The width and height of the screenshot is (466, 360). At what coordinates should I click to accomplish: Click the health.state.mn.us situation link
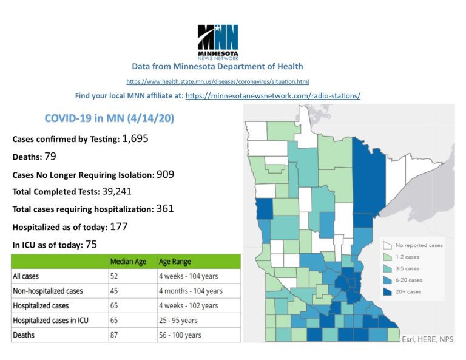pyautogui.click(x=218, y=81)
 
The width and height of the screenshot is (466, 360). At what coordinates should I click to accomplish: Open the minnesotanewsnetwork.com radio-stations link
pyautogui.click(x=272, y=96)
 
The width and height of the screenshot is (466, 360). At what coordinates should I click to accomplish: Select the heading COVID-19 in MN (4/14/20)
pyautogui.click(x=110, y=119)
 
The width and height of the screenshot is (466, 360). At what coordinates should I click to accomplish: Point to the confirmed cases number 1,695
pyautogui.click(x=135, y=139)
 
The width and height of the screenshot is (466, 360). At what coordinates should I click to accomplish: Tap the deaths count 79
pyautogui.click(x=50, y=157)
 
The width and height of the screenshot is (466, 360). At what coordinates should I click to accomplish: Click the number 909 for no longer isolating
pyautogui.click(x=164, y=174)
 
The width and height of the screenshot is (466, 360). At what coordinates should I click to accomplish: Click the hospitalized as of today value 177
pyautogui.click(x=118, y=226)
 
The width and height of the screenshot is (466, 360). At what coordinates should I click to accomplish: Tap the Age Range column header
pyautogui.click(x=175, y=262)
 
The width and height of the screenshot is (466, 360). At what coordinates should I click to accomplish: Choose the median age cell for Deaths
pyautogui.click(x=114, y=335)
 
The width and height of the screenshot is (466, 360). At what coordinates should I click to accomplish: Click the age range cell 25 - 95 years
pyautogui.click(x=181, y=320)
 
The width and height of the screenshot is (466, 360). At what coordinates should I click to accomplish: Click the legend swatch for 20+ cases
pyautogui.click(x=387, y=291)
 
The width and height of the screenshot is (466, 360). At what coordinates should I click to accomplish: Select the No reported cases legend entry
pyautogui.click(x=419, y=245)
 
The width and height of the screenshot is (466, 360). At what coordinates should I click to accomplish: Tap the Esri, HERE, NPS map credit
pyautogui.click(x=427, y=339)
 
